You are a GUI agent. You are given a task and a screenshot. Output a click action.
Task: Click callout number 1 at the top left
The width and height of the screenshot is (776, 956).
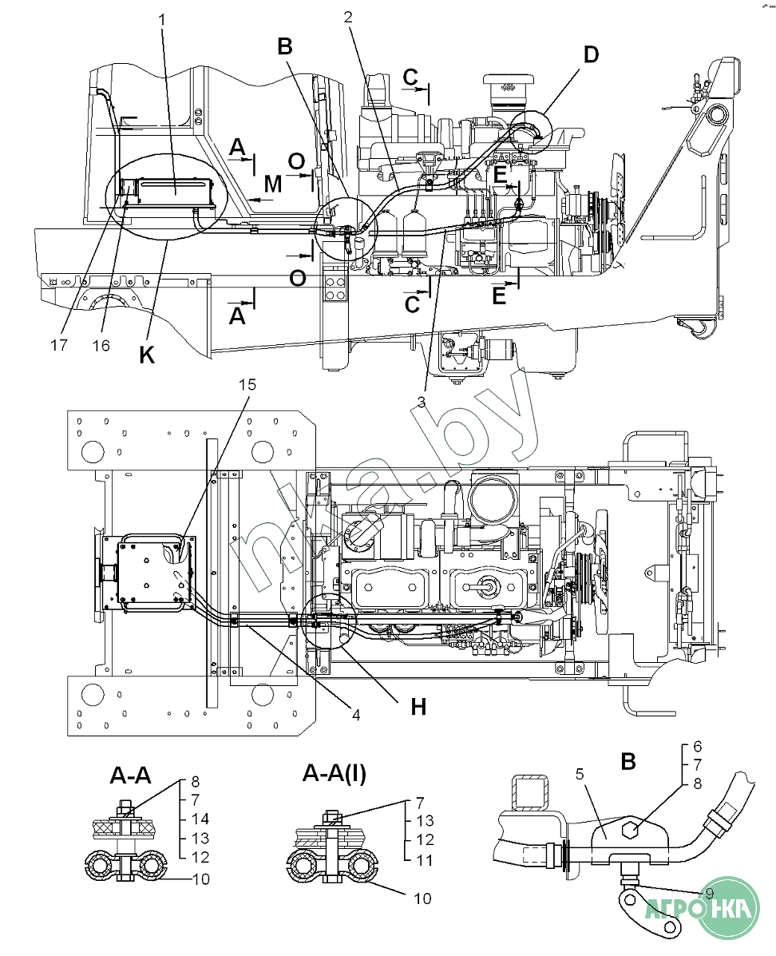(x=162, y=20)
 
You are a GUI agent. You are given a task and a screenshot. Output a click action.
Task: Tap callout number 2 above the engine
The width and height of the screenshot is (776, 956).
(x=348, y=17)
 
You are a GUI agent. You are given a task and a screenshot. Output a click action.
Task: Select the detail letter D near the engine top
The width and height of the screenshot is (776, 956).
(x=591, y=55)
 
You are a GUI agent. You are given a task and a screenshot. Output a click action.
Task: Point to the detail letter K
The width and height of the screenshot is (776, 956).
(x=147, y=355)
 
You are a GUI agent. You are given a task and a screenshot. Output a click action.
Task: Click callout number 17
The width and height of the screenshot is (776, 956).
(x=58, y=346)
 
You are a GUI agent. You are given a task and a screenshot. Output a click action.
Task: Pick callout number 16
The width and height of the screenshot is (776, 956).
(x=101, y=346)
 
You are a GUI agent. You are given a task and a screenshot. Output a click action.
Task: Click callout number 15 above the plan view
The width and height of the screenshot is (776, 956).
(x=247, y=385)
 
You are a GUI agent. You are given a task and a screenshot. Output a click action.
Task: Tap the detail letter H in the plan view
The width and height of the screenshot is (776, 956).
(x=418, y=707)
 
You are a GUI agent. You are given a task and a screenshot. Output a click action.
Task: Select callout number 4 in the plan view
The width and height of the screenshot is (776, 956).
(x=356, y=715)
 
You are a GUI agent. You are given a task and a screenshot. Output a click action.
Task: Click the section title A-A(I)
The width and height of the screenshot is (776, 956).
(x=335, y=774)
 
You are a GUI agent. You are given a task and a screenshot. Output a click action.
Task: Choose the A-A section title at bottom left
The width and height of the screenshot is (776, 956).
(x=130, y=776)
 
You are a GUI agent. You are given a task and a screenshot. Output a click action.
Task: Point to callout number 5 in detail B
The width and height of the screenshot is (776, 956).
(x=579, y=775)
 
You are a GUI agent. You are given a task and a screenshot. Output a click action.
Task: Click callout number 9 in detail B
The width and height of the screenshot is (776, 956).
(x=709, y=894)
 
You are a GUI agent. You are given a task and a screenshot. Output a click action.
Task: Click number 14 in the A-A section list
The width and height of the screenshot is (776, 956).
(x=200, y=819)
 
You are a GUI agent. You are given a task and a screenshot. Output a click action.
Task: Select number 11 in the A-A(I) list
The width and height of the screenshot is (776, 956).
(x=424, y=860)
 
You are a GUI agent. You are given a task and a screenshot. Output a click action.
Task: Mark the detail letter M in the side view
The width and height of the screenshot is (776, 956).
(x=273, y=184)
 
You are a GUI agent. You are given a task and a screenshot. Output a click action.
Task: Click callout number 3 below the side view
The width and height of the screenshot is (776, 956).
(x=422, y=401)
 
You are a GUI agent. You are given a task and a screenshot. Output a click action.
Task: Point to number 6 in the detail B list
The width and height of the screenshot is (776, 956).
(x=698, y=746)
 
